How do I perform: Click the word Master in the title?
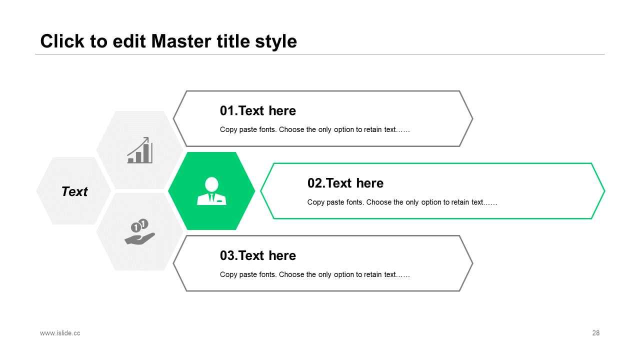(x=181, y=41)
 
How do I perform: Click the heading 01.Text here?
(x=257, y=110)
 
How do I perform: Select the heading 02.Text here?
(x=345, y=183)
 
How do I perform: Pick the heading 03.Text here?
(x=257, y=255)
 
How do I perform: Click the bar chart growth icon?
(x=139, y=150)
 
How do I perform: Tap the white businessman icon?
(x=211, y=191)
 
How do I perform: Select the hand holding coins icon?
(x=139, y=231)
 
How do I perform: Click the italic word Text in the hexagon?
(x=74, y=191)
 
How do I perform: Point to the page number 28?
(x=595, y=333)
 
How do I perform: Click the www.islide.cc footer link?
(x=60, y=333)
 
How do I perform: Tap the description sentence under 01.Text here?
(x=314, y=129)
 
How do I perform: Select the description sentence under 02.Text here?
(x=402, y=202)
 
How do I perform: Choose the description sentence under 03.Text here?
(x=314, y=274)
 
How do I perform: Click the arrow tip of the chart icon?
(x=147, y=138)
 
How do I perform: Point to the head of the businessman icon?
(x=211, y=184)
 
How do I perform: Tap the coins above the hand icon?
(x=139, y=225)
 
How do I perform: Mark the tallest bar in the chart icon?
(x=146, y=153)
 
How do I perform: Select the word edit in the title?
(x=129, y=41)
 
